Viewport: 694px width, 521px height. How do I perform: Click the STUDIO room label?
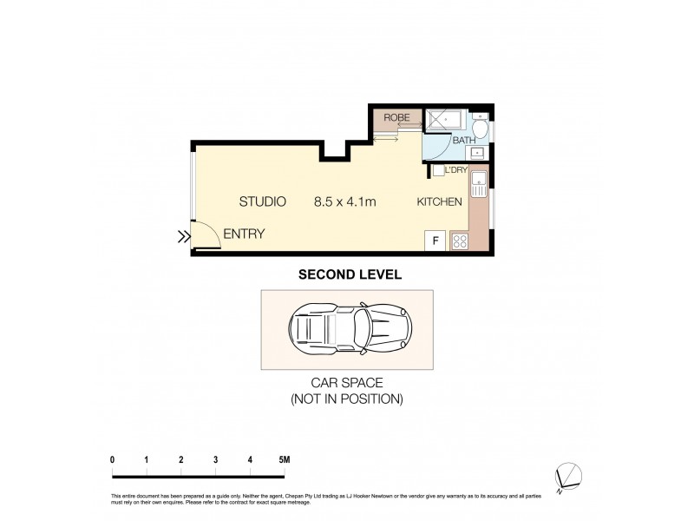click(x=263, y=202)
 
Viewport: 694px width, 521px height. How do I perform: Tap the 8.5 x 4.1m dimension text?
click(x=344, y=202)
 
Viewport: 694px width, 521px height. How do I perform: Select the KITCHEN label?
click(x=439, y=202)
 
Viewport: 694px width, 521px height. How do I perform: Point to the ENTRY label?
click(x=244, y=234)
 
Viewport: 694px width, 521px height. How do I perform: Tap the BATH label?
click(x=463, y=140)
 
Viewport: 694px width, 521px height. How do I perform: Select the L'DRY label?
click(x=456, y=170)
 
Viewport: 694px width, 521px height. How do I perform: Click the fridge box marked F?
click(x=435, y=241)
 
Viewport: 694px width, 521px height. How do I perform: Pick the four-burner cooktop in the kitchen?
click(x=459, y=241)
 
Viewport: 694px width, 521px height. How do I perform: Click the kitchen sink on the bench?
click(x=478, y=184)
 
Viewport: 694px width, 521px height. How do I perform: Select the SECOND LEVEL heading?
click(x=349, y=274)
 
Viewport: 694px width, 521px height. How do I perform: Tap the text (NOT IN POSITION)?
click(x=347, y=399)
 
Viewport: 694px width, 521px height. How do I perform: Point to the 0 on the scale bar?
click(x=113, y=458)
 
